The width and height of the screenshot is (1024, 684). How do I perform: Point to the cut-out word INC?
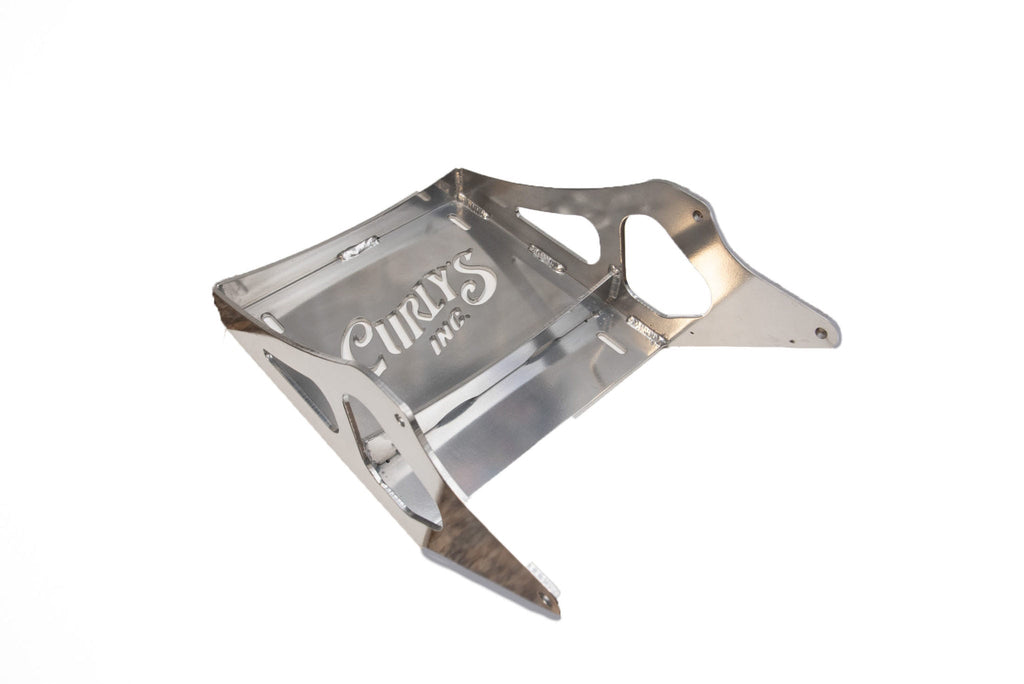pos(451,332)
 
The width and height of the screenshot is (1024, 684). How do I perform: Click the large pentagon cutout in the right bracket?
pos(665,266)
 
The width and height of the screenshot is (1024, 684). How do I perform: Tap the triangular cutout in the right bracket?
pos(562,232)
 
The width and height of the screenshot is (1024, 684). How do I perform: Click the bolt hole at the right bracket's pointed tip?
pos(821,333)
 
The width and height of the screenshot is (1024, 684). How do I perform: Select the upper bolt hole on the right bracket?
pos(697,214)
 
